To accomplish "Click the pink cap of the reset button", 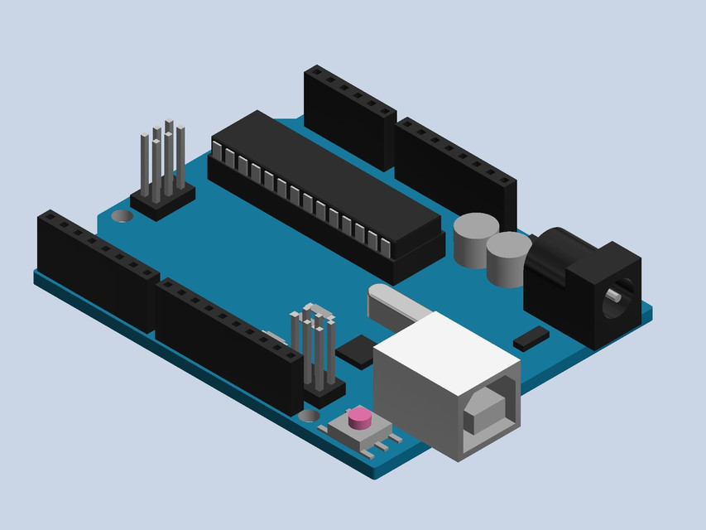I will tap(359, 417).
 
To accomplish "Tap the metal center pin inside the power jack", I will tap(613, 296).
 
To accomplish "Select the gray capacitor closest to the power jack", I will tap(507, 258).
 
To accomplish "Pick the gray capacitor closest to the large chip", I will tap(475, 239).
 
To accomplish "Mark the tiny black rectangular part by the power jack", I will tap(531, 336).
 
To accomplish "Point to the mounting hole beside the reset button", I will tap(309, 414).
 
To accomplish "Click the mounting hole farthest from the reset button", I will tap(122, 216).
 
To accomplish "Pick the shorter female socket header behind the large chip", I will tap(348, 116).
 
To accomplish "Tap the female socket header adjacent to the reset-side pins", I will tap(228, 344).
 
